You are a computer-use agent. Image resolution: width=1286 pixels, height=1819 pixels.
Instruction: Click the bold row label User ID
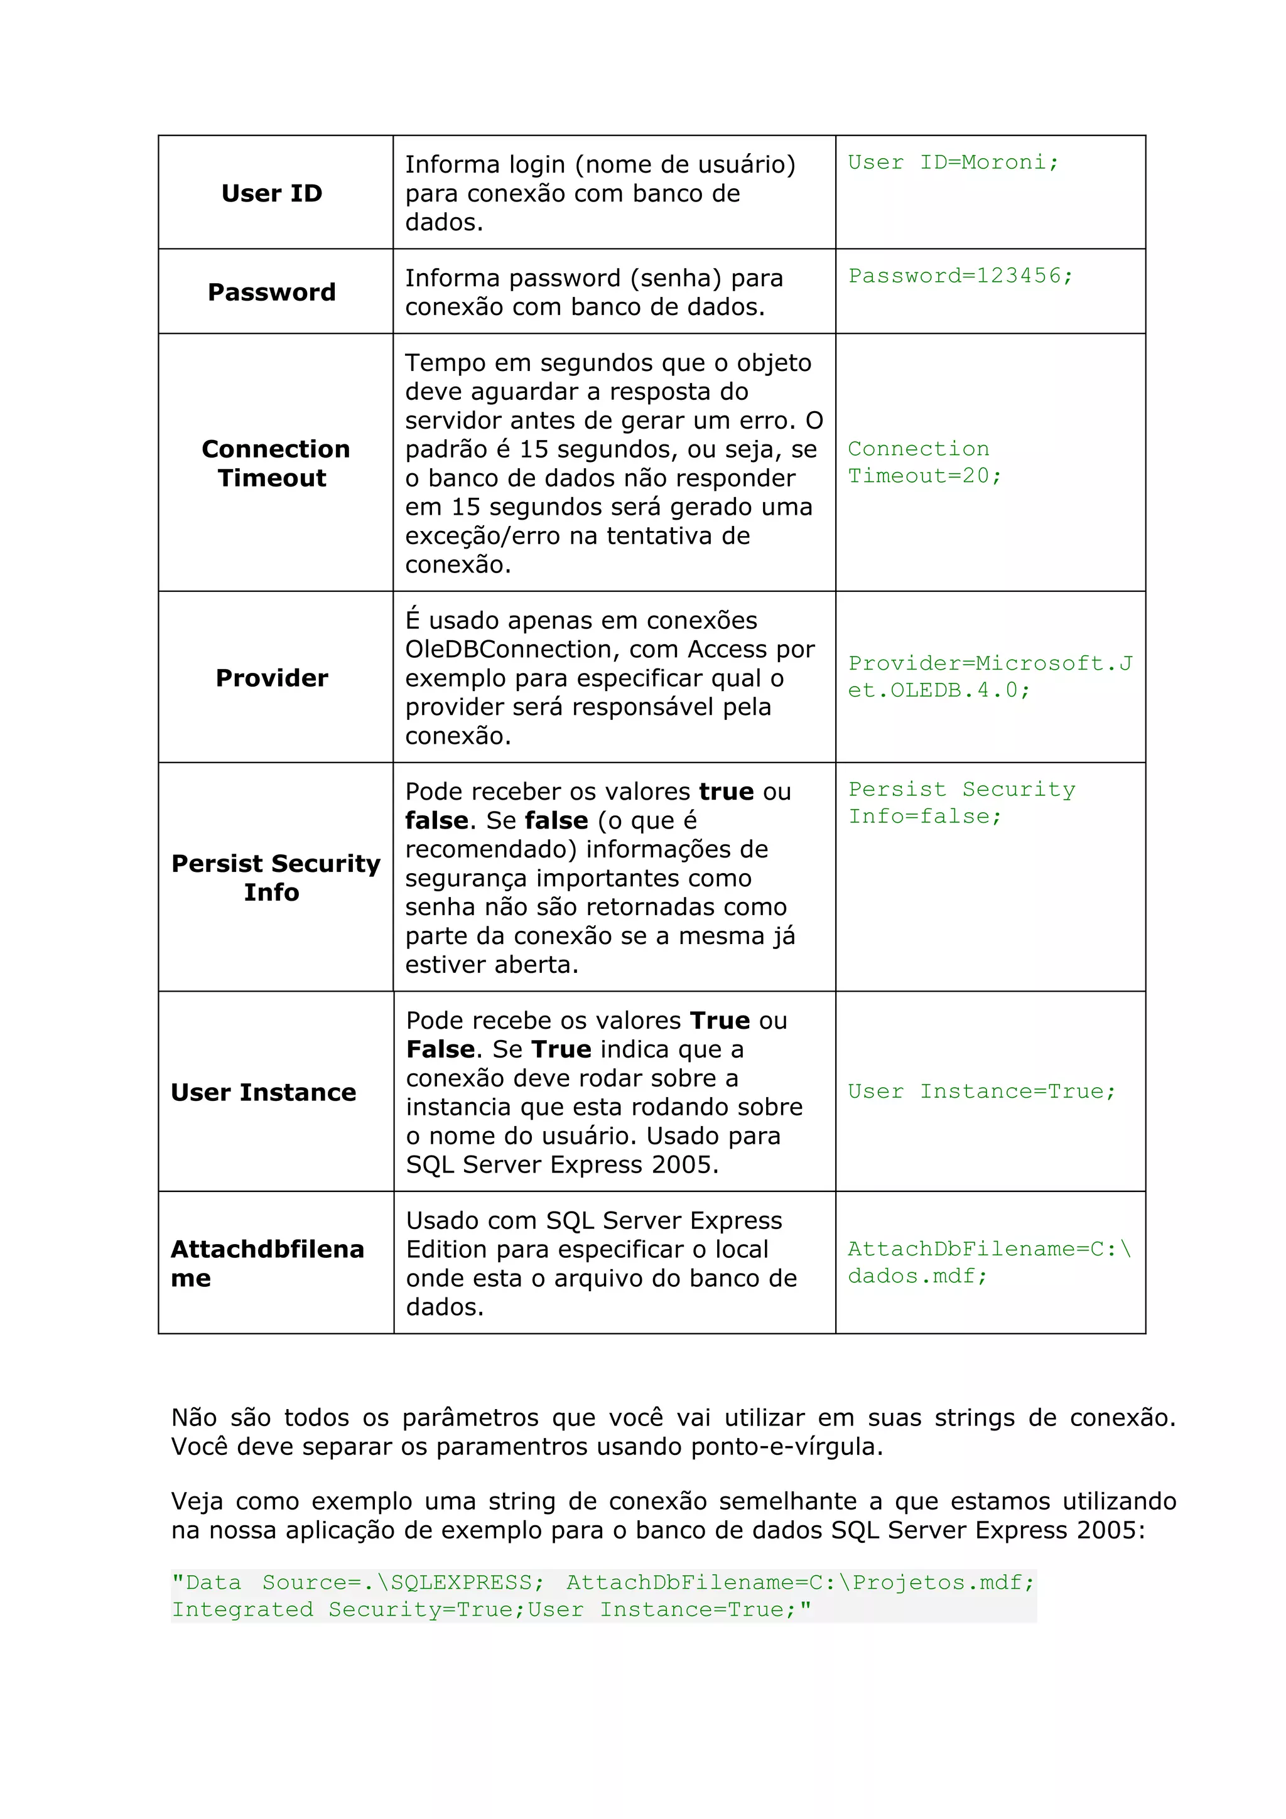pyautogui.click(x=272, y=193)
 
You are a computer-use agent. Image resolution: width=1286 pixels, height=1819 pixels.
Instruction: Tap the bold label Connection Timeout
pyautogui.click(x=275, y=463)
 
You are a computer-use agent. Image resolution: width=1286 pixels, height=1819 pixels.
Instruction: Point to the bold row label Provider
pyautogui.click(x=272, y=677)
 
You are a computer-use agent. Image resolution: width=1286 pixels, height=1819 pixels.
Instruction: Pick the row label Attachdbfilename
pyautogui.click(x=267, y=1263)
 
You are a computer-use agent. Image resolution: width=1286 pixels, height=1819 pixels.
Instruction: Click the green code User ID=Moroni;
pyautogui.click(x=953, y=163)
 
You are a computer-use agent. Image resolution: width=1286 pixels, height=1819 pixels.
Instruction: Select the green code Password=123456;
pyautogui.click(x=960, y=276)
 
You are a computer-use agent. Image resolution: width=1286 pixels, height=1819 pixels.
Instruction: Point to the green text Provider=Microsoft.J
pyautogui.click(x=990, y=663)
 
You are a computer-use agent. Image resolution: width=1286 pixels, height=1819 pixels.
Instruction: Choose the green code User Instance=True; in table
pyautogui.click(x=981, y=1091)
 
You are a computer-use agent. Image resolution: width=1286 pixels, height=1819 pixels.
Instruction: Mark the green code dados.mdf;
pyautogui.click(x=917, y=1275)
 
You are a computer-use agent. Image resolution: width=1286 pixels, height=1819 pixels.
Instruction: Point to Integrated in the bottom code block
pyautogui.click(x=242, y=1609)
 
